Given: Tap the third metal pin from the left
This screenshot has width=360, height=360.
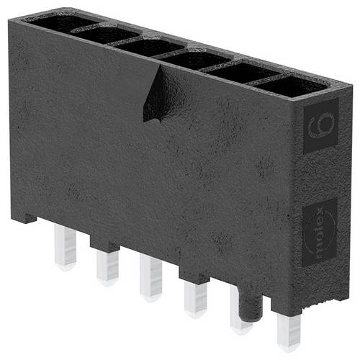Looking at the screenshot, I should [x=151, y=277].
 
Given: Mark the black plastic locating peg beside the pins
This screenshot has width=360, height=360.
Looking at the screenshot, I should [x=249, y=302].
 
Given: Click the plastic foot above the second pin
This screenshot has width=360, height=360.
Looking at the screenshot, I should [x=105, y=244].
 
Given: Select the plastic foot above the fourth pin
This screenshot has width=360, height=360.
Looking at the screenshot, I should [x=193, y=274].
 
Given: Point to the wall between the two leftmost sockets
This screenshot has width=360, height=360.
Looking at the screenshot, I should [x=81, y=27].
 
